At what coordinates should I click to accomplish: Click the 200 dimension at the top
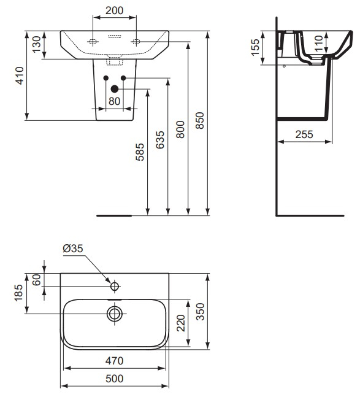(x=115, y=11)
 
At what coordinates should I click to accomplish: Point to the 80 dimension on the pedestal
(x=114, y=102)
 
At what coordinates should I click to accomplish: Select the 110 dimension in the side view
(x=319, y=43)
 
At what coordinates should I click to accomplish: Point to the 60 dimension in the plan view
(x=36, y=280)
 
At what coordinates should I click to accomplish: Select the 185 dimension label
(x=18, y=293)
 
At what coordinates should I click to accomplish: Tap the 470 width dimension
(x=114, y=360)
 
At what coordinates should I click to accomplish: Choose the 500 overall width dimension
(x=114, y=379)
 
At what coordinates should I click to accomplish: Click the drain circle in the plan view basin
(x=114, y=314)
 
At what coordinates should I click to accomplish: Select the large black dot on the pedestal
(x=114, y=88)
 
